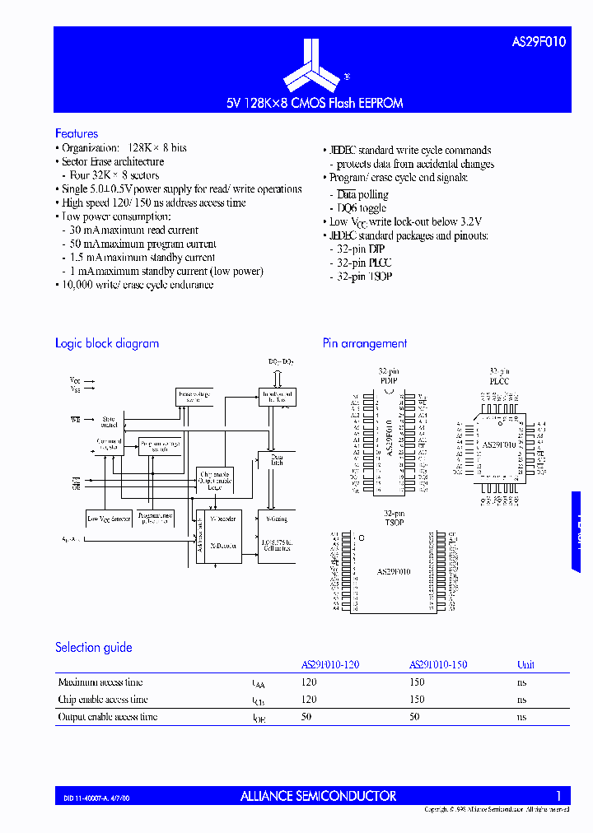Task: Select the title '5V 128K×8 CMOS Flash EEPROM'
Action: click(x=315, y=104)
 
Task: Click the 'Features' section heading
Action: click(x=77, y=133)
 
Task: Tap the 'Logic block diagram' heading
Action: click(x=107, y=343)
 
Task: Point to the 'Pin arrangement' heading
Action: click(x=365, y=343)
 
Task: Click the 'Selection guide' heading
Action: click(x=94, y=648)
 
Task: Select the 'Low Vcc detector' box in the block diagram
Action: click(x=109, y=519)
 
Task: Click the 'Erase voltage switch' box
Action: click(x=194, y=397)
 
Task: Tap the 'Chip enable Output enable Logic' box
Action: click(x=215, y=480)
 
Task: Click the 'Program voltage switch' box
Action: click(x=160, y=446)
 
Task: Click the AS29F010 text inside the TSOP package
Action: click(x=394, y=570)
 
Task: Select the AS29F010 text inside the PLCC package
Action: click(x=498, y=444)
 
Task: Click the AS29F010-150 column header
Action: click(x=438, y=664)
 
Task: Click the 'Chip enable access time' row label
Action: click(x=103, y=700)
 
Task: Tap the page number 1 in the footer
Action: click(x=558, y=796)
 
